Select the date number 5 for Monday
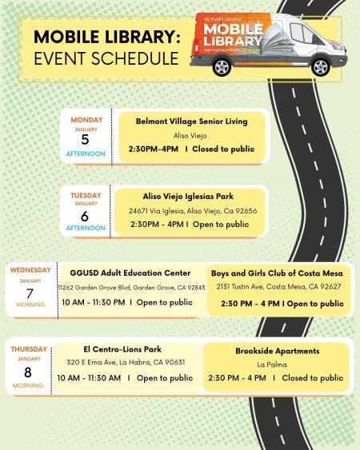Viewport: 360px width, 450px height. point(86,140)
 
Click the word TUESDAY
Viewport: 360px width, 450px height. point(86,194)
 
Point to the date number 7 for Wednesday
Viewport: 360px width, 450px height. point(30,293)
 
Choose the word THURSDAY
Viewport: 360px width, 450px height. point(29,348)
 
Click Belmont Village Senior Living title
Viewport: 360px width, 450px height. point(191,121)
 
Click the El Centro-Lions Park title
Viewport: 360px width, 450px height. point(120,348)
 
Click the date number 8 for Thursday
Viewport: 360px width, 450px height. point(29,372)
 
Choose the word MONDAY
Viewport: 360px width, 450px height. point(86,121)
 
